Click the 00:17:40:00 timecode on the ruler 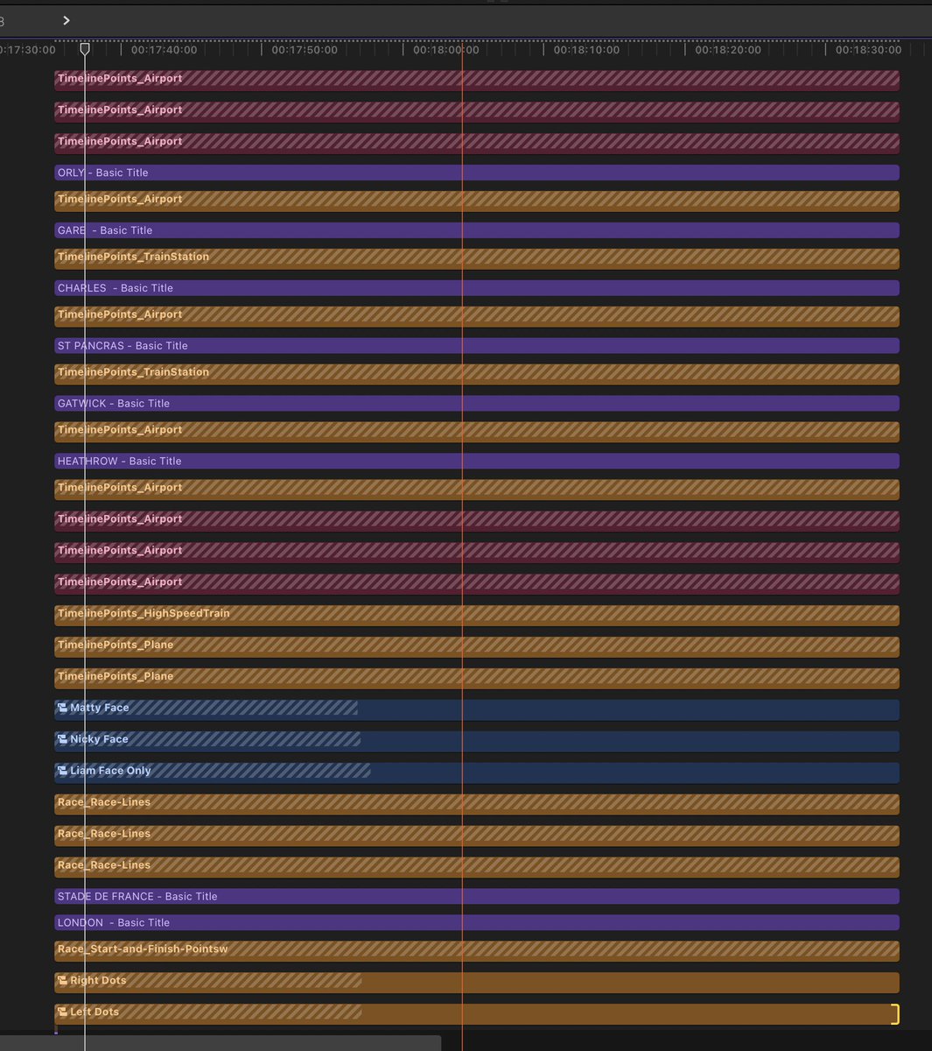[164, 50]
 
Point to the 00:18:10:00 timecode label [586, 50]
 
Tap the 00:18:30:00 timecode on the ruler [868, 50]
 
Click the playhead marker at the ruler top [85, 49]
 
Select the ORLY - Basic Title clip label [102, 173]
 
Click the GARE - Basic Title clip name [104, 230]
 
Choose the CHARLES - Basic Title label [115, 288]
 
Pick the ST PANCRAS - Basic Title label [123, 346]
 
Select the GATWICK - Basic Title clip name [113, 404]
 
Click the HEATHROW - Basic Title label [119, 462]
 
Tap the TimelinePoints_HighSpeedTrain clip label [143, 613]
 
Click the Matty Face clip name [99, 708]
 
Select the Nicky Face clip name [99, 739]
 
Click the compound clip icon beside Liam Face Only [62, 771]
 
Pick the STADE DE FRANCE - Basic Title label [137, 896]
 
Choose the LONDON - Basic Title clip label [113, 922]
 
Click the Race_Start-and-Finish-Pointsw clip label [142, 949]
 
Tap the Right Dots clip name [98, 980]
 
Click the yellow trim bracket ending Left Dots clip [894, 1014]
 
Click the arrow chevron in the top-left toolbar [67, 20]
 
